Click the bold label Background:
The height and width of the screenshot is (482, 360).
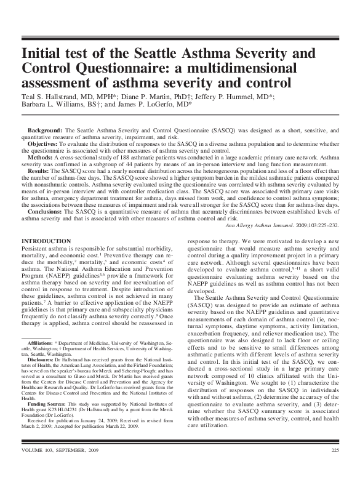[46, 132]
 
